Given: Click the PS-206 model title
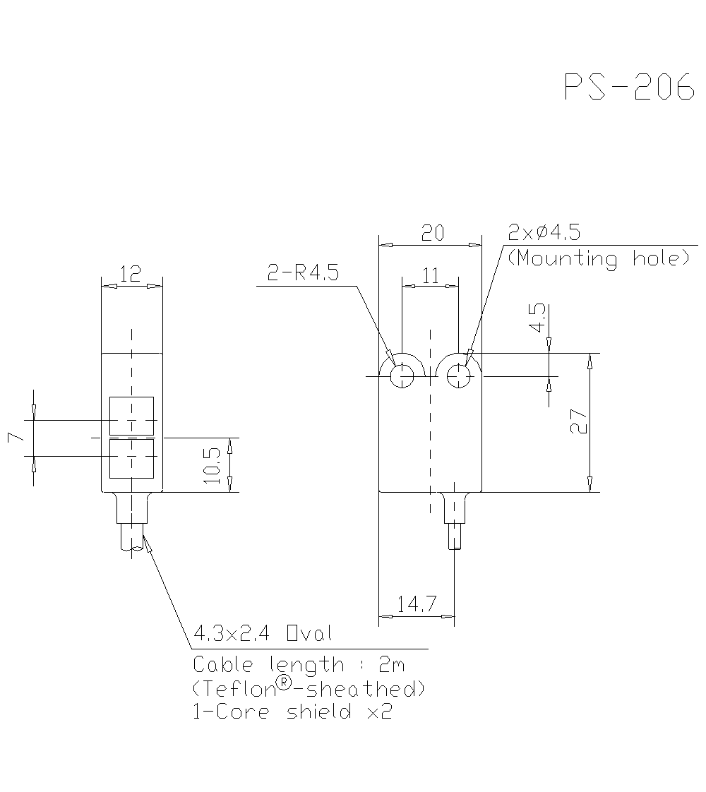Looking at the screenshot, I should tap(629, 88).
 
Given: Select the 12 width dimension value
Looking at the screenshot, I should tap(131, 274).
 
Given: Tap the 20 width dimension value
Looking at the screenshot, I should tap(431, 233).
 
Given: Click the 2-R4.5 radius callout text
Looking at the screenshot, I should tap(303, 273).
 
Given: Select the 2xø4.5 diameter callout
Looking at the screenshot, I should tap(545, 232).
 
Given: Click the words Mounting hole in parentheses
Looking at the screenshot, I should tap(599, 258).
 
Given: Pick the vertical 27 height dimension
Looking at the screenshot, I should tap(579, 422).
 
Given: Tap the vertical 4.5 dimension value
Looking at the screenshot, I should tap(537, 318).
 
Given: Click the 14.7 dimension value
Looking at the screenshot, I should tap(416, 604).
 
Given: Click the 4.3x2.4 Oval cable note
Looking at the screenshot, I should tap(262, 633).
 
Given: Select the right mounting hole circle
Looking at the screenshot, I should tap(460, 376).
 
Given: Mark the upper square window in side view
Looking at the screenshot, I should tap(131, 416).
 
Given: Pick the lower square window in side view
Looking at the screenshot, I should tap(131, 458).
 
